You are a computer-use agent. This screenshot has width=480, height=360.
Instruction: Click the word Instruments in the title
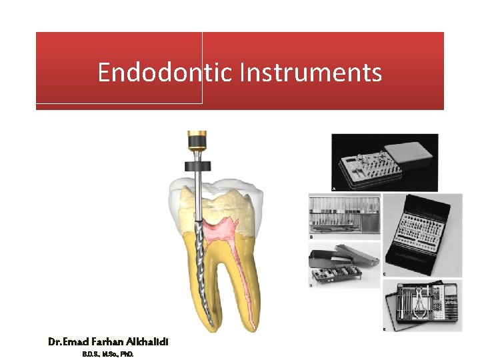point(311,72)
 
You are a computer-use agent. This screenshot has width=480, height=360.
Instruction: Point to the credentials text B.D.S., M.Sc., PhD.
point(108,354)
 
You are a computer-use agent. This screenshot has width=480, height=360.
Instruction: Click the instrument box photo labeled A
point(385,162)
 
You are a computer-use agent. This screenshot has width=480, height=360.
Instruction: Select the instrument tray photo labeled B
point(344,214)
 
